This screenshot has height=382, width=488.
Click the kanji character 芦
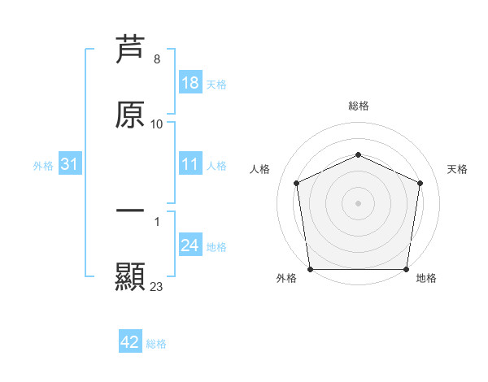tap(130, 48)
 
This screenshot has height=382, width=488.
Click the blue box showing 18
tap(190, 83)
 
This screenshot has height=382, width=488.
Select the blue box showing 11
tap(190, 164)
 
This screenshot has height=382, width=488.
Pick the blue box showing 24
tap(190, 245)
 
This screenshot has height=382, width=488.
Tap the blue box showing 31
tap(70, 164)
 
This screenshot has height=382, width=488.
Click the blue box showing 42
tap(130, 342)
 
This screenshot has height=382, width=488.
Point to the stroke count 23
tap(157, 287)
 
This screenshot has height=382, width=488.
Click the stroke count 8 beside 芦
tap(157, 59)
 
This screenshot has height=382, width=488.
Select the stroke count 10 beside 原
tap(157, 124)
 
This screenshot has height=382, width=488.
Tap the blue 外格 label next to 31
tap(43, 165)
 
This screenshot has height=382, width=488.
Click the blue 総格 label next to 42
tap(156, 343)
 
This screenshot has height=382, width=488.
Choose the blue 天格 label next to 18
tap(216, 84)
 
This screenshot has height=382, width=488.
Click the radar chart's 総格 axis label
tap(359, 106)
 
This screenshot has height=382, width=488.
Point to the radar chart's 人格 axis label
tap(260, 169)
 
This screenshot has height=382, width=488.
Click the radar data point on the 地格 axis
tap(406, 269)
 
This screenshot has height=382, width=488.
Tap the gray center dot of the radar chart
tap(359, 203)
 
